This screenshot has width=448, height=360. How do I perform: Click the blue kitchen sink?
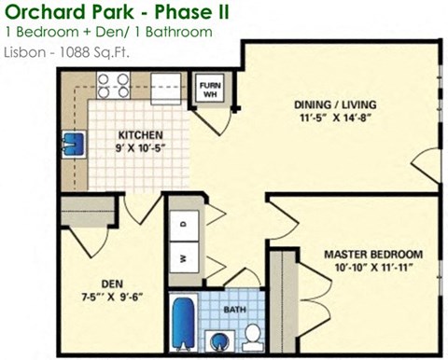[x=74, y=145]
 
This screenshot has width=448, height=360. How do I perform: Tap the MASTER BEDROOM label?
[x=372, y=254]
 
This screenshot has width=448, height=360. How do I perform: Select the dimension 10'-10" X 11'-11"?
[x=372, y=268]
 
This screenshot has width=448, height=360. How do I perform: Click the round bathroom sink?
[x=220, y=338]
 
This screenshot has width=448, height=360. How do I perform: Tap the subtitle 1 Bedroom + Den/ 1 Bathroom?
[x=107, y=33]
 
